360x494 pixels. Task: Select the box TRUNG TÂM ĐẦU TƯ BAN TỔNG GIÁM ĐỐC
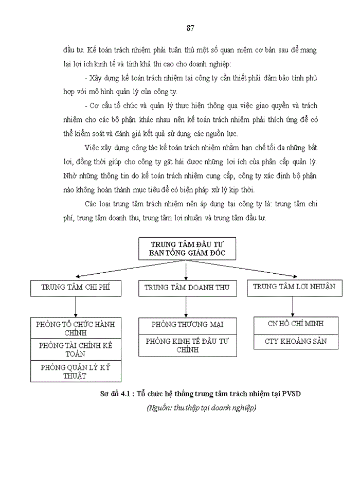point(186,248)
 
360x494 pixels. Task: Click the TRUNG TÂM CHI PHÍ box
point(76,288)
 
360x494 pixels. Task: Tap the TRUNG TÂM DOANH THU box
point(187,288)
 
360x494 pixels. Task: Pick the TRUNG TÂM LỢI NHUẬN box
point(294,287)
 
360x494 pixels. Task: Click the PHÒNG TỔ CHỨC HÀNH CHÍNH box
point(76,328)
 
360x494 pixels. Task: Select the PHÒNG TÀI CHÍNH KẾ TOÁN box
point(76,349)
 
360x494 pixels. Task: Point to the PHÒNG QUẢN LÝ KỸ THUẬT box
point(76,371)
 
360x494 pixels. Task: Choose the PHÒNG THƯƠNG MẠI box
point(187,325)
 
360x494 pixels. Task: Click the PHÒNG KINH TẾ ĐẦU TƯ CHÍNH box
point(187,345)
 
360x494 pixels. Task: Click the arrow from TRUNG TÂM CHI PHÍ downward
point(76,307)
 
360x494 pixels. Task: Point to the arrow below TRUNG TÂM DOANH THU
point(187,307)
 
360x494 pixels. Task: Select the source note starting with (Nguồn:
point(201,408)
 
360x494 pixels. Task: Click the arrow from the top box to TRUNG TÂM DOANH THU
point(186,270)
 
